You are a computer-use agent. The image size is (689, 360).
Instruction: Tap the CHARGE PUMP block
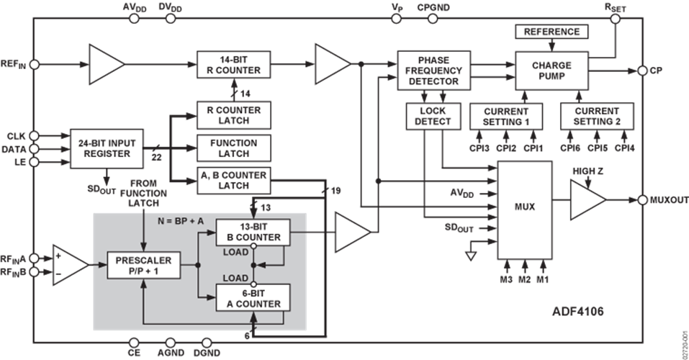(x=552, y=71)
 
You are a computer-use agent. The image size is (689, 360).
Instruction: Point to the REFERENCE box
(x=551, y=32)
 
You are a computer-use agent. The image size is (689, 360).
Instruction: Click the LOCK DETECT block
(x=432, y=117)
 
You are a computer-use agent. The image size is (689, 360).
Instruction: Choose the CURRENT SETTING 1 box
(x=505, y=117)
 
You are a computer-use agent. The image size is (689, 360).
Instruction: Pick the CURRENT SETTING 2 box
(x=596, y=117)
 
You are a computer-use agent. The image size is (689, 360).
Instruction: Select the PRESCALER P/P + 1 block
(x=141, y=265)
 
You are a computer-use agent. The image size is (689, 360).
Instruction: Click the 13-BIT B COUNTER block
(x=253, y=232)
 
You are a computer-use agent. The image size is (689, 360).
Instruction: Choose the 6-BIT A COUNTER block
(x=253, y=298)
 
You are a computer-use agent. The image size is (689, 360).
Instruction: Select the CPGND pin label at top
(x=433, y=6)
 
